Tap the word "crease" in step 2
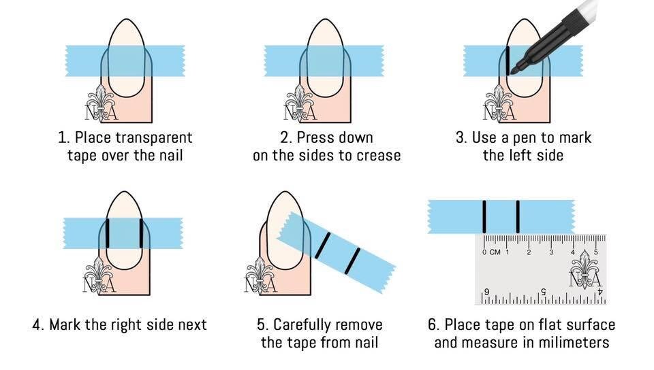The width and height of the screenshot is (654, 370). tap(377, 156)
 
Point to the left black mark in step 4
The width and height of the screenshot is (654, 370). tap(107, 233)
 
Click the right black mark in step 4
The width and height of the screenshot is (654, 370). tap(140, 233)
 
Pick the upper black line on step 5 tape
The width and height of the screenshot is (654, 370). tap(323, 244)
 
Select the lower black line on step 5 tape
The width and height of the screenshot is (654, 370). tap(351, 261)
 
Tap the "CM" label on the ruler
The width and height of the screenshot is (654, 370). tap(496, 252)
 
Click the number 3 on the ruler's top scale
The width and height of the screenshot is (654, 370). tap(551, 252)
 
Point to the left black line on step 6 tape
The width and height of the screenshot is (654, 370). tap(484, 216)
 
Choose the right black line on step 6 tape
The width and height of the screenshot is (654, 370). tap(518, 216)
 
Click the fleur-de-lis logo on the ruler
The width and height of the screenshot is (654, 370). tap(585, 270)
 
